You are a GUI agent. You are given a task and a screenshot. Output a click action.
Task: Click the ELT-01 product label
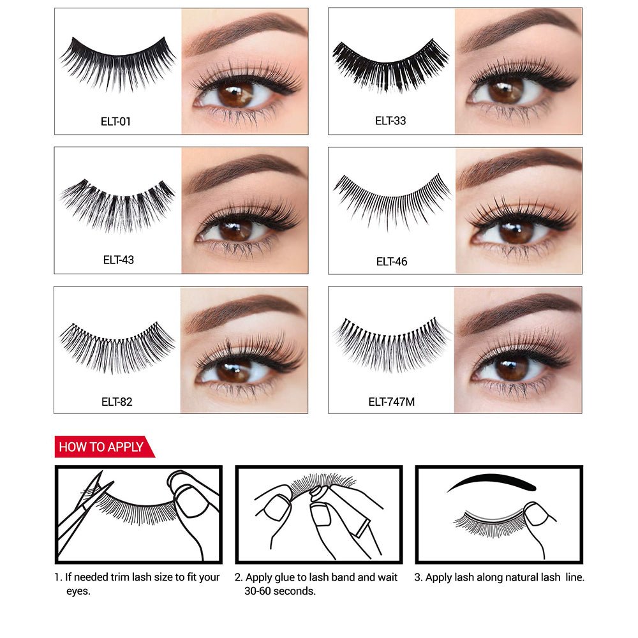point(115,121)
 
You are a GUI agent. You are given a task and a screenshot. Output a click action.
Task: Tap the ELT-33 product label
point(390,121)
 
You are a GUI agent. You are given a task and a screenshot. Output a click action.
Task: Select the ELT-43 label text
point(119,260)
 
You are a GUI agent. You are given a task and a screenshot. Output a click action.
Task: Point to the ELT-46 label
point(392,261)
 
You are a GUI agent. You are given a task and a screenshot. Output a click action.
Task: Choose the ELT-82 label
point(117,401)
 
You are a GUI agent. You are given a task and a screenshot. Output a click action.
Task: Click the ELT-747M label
point(392,401)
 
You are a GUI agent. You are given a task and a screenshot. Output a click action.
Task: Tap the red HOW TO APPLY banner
point(105,447)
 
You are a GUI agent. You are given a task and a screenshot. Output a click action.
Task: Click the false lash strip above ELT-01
point(117,63)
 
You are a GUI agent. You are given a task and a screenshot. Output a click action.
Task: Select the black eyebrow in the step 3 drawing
point(491,482)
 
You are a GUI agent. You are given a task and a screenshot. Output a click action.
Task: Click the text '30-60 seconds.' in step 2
point(280,591)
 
